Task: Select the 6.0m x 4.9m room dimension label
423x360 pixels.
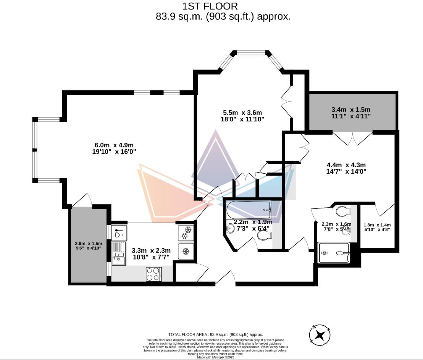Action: pyautogui.click(x=115, y=148)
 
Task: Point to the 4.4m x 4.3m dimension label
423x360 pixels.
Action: pyautogui.click(x=346, y=168)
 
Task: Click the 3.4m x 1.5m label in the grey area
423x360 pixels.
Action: pyautogui.click(x=351, y=113)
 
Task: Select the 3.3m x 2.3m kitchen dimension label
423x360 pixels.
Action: pyautogui.click(x=151, y=253)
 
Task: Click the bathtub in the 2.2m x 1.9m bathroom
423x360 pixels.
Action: pyautogui.click(x=249, y=210)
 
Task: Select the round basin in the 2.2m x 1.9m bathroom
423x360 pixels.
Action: pyautogui.click(x=230, y=229)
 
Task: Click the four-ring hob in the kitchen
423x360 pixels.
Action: pyautogui.click(x=153, y=274)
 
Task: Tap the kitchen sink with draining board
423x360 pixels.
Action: pyautogui.click(x=118, y=253)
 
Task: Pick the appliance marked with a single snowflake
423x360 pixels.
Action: pyautogui.click(x=186, y=252)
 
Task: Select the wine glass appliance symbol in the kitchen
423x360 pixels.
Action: pyautogui.click(x=119, y=232)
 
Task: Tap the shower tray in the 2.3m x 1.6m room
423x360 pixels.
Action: pyautogui.click(x=334, y=253)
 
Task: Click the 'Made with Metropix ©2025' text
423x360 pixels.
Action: pyautogui.click(x=215, y=357)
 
